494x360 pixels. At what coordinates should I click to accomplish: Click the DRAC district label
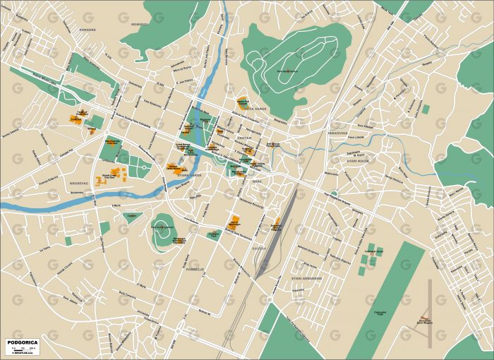coord(257,181)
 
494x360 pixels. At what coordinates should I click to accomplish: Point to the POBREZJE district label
coord(194,269)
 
